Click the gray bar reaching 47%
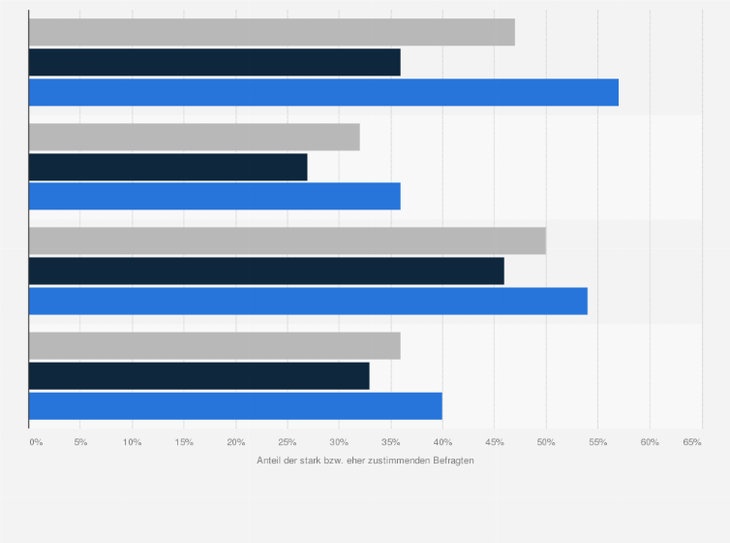[x=271, y=32]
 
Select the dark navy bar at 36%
[x=214, y=62]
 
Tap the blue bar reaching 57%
[x=323, y=92]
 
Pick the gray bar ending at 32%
[x=194, y=137]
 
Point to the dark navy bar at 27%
[x=167, y=167]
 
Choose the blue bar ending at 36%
[x=214, y=197]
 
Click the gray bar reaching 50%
[x=287, y=241]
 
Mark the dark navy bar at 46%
[x=266, y=271]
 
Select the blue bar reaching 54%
[x=308, y=302]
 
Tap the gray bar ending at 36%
[x=214, y=346]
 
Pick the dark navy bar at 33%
[x=198, y=376]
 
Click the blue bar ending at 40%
[x=235, y=406]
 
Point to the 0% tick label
[x=36, y=442]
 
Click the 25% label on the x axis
[x=287, y=442]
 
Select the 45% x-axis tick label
[x=494, y=442]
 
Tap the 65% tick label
[x=692, y=442]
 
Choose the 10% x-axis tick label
[x=133, y=442]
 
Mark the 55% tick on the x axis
[x=597, y=442]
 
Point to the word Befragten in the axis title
[x=452, y=460]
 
